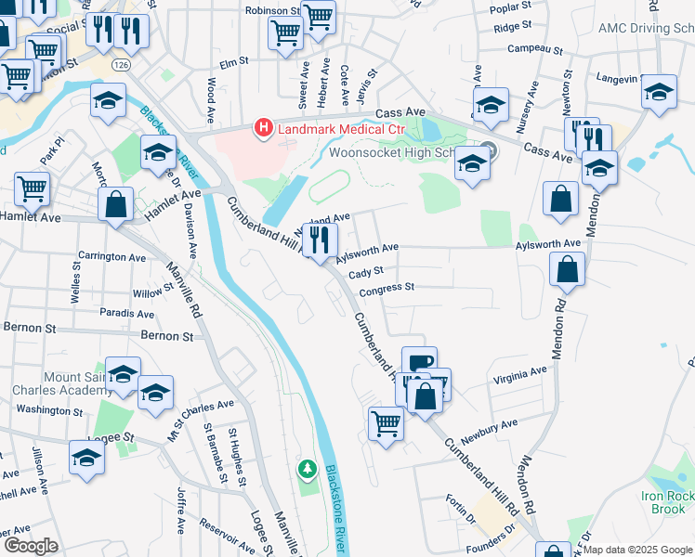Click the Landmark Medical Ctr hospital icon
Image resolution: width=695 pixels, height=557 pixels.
[265, 127]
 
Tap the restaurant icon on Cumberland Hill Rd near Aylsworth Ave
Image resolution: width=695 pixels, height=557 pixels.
[320, 240]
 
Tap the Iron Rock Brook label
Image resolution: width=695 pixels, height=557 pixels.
[668, 502]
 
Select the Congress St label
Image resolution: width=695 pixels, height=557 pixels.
[387, 289]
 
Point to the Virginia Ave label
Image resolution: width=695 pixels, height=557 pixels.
[520, 373]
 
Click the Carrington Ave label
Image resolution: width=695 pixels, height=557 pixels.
[112, 256]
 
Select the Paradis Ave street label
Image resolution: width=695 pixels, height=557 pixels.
[127, 313]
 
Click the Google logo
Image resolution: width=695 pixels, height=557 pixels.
[31, 546]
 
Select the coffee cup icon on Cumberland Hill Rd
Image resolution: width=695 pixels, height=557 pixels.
[419, 361]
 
